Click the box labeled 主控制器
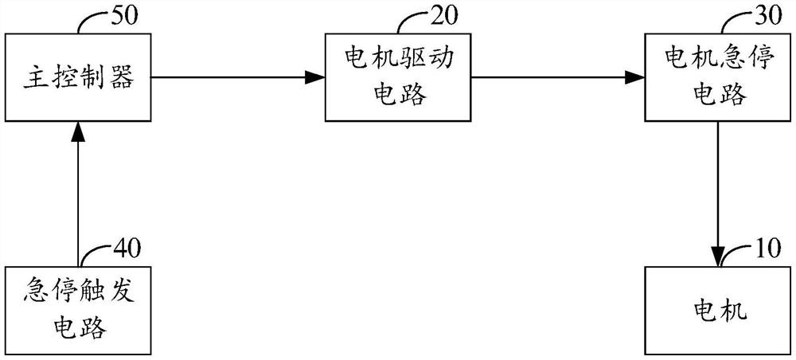click(76, 78)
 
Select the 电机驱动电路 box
click(398, 78)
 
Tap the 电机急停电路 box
click(719, 78)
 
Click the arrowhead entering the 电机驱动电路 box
click(316, 77)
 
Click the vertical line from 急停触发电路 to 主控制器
click(76, 199)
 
